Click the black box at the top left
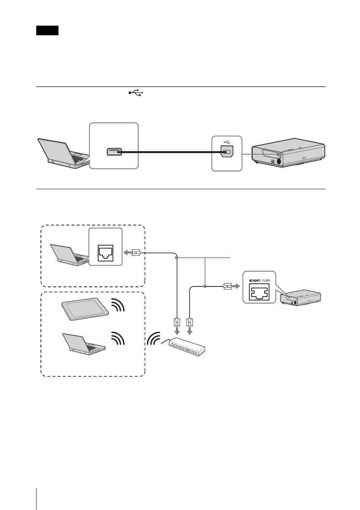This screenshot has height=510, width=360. tap(47, 31)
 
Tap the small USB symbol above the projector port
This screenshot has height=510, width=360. tap(227, 143)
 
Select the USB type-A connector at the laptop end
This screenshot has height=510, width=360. tap(114, 152)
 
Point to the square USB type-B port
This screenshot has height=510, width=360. tap(227, 153)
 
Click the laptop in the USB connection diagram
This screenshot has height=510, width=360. tap(63, 153)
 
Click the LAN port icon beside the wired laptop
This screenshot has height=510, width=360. tap(105, 252)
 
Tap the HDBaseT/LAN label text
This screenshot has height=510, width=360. tap(260, 280)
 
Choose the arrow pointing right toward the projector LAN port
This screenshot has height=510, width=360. tap(236, 286)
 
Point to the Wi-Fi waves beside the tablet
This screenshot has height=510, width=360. tap(118, 305)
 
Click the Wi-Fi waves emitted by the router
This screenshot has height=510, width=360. tap(154, 338)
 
